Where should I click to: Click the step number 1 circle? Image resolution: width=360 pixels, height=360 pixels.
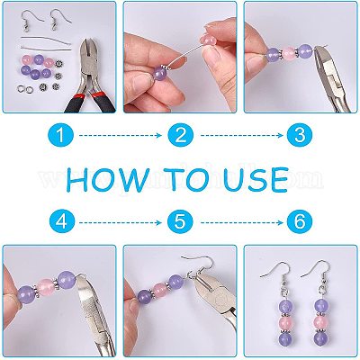point(61,136)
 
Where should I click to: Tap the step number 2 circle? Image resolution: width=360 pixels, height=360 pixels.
point(181,136)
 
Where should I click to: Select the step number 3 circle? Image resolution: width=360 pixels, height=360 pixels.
point(300,136)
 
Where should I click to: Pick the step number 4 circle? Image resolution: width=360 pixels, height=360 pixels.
point(62,222)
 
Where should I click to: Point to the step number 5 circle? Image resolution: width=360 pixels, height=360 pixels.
point(180,222)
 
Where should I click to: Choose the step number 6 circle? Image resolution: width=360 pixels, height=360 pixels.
point(300,222)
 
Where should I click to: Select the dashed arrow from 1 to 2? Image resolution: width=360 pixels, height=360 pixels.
point(121,136)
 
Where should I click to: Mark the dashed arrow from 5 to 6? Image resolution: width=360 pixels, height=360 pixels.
point(242,222)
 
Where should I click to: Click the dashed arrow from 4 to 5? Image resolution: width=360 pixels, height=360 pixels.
point(121,222)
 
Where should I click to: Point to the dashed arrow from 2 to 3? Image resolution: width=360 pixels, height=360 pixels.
point(242,136)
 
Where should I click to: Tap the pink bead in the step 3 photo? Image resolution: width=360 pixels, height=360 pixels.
point(290,53)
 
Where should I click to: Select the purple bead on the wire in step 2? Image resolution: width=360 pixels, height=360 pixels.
point(159,74)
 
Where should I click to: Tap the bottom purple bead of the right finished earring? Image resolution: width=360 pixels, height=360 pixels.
point(320,337)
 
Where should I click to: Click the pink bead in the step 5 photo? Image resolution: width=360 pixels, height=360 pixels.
point(160,289)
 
